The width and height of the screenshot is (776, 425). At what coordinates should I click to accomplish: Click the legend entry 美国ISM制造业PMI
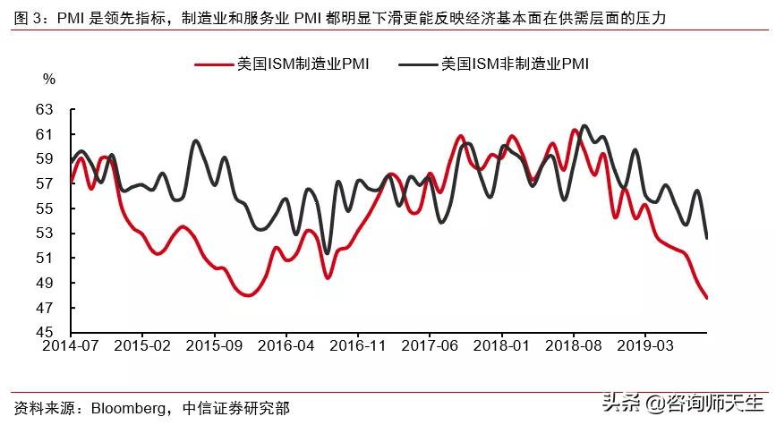tap(303, 64)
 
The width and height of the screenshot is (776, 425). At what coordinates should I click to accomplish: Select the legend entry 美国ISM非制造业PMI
tap(515, 64)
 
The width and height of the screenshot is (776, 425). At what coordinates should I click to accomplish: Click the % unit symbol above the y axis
tap(49, 79)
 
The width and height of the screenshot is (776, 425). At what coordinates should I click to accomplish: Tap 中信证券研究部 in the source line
tap(235, 407)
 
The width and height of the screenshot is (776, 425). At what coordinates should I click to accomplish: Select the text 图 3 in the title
tap(21, 17)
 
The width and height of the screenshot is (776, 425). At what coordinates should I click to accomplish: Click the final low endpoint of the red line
tap(707, 298)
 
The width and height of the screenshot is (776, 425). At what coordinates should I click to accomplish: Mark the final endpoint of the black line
tap(707, 238)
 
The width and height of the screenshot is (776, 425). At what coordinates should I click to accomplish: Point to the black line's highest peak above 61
tap(584, 126)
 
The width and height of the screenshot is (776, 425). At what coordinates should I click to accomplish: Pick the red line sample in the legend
tap(214, 64)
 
